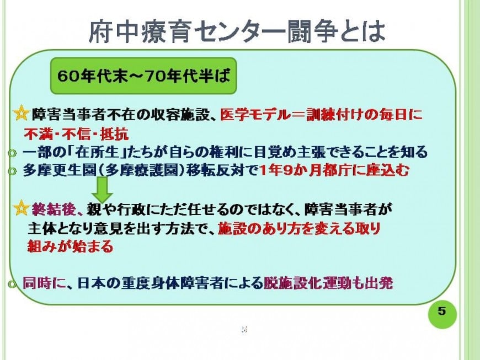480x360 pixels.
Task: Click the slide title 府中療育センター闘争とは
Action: [237, 31]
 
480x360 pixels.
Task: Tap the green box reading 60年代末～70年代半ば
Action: [143, 76]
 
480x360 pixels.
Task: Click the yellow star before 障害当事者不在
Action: [21, 114]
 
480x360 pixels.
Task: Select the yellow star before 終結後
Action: [21, 208]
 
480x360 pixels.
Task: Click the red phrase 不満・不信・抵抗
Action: [76, 133]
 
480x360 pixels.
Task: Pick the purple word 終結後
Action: [54, 209]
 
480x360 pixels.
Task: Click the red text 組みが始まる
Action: [71, 246]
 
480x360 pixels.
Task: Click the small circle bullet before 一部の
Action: [12, 153]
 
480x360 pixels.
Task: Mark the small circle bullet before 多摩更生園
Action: [12, 171]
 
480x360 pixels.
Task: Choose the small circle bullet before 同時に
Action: [12, 284]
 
